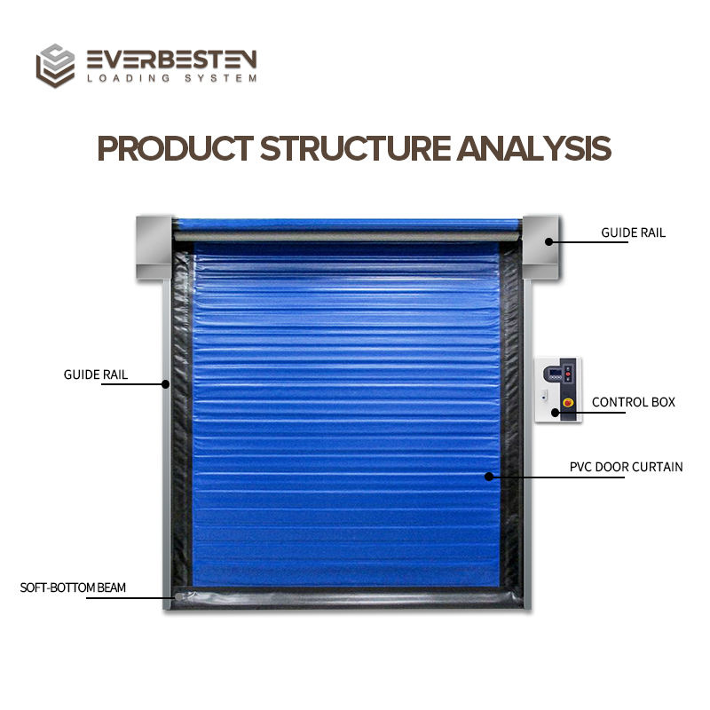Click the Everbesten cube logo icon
pos(54,66)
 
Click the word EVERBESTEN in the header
pos(171,59)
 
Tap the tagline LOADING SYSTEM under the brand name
pos(171,78)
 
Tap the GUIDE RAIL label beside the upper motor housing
pos(633,233)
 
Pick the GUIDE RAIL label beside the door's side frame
pos(96,375)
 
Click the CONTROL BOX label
pos(634,402)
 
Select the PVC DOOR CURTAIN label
pos(626,466)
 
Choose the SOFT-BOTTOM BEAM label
pos(73,588)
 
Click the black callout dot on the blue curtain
pos(489,476)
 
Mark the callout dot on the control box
pos(556,412)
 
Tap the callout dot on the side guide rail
pos(165,384)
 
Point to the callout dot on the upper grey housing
pos(549,241)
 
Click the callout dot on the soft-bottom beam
pos(173,596)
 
